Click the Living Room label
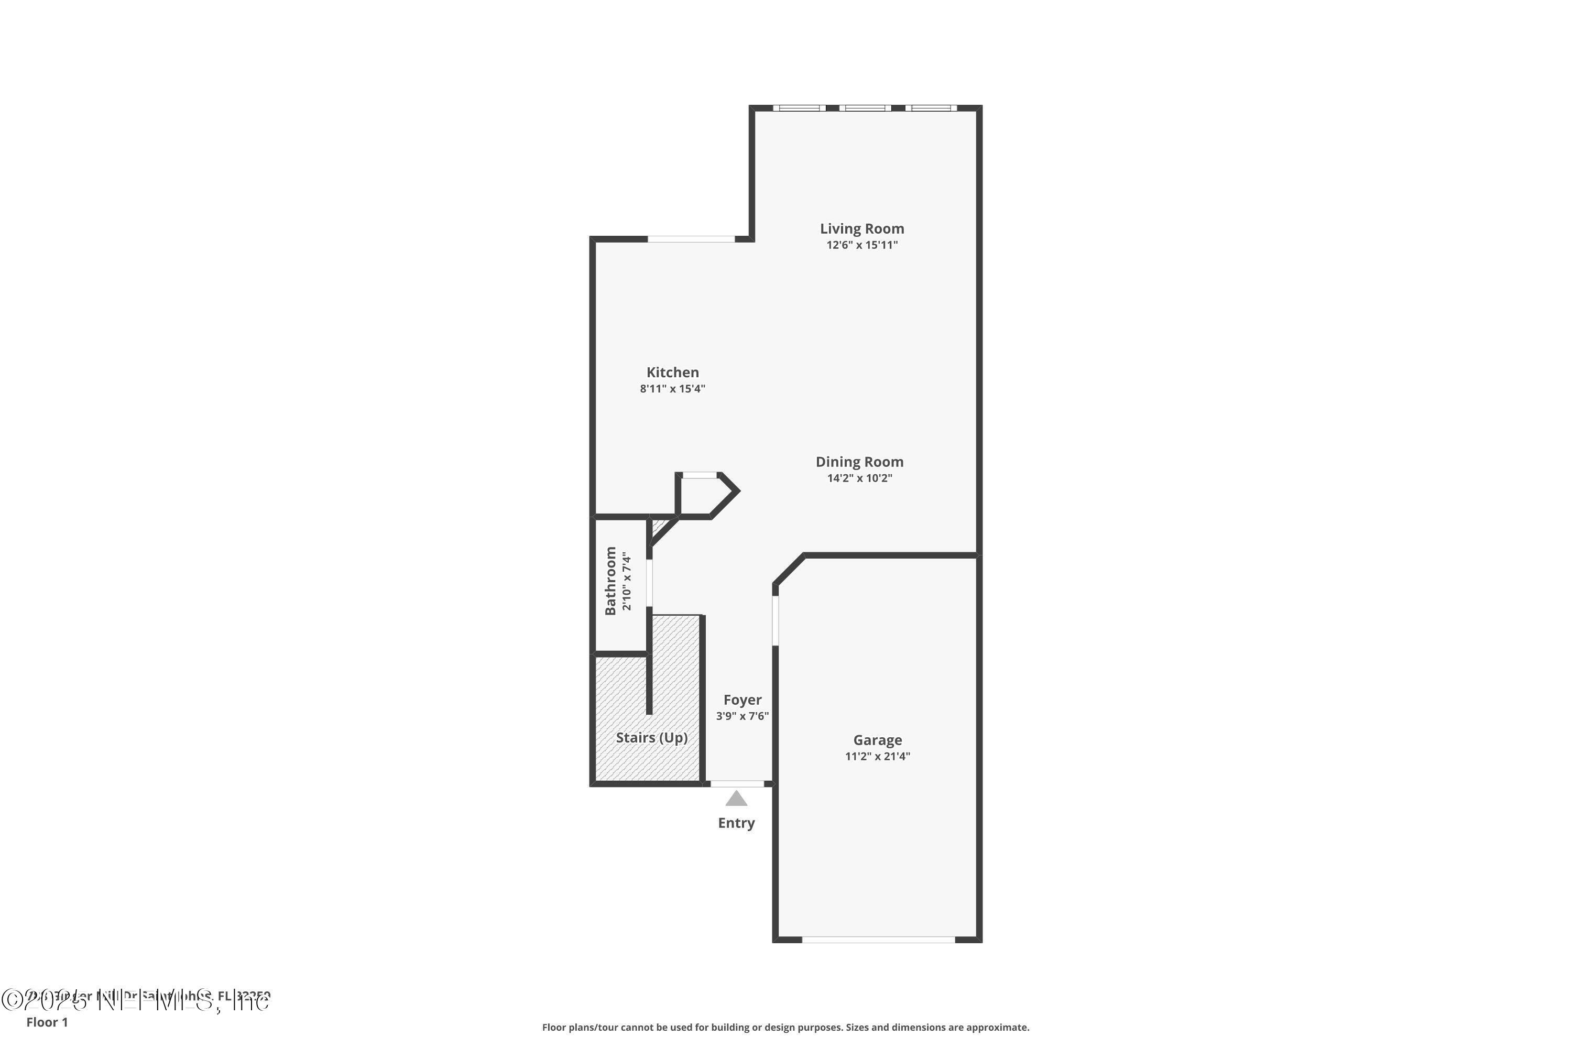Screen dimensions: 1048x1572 861,228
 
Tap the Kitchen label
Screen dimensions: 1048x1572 672,372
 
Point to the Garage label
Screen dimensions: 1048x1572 878,740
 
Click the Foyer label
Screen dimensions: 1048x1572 742,700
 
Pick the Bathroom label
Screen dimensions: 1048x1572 610,580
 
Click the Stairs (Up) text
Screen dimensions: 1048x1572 652,737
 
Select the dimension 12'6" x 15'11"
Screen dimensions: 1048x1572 861,245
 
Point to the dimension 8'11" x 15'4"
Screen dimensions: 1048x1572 672,388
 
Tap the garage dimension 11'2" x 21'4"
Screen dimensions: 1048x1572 878,756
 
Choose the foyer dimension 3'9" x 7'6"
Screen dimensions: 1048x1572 742,716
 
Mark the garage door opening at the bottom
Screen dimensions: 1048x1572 878,939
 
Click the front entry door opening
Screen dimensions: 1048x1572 737,783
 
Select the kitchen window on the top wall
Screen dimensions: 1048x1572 691,238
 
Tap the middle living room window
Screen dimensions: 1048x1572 865,107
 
